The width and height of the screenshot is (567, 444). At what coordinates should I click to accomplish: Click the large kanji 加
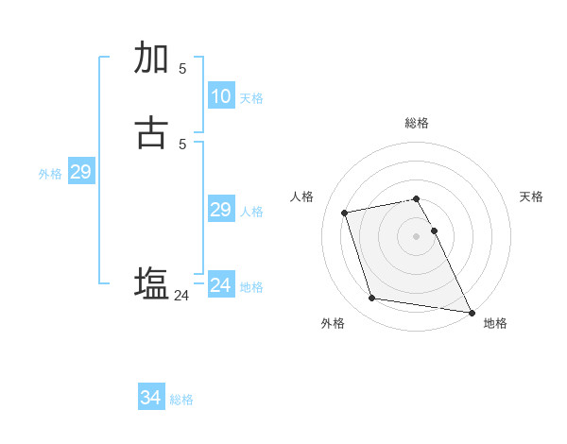[x=151, y=58]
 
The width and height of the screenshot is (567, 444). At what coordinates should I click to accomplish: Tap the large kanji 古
[x=151, y=133]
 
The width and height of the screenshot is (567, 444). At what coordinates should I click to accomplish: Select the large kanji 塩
[x=151, y=283]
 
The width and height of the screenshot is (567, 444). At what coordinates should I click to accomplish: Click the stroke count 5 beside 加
[x=182, y=68]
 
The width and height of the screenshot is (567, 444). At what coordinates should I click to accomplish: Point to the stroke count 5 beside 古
[x=182, y=144]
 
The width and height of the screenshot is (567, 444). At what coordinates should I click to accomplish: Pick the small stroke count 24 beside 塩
[x=181, y=296]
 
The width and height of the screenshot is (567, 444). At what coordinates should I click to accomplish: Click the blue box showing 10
[x=220, y=96]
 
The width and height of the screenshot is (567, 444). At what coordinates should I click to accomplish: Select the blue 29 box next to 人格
[x=220, y=210]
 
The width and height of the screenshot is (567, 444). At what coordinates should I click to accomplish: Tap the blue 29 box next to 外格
[x=80, y=172]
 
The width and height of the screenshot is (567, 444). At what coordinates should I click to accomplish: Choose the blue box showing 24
[x=220, y=285]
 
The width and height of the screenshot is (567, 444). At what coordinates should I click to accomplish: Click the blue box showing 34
[x=150, y=398]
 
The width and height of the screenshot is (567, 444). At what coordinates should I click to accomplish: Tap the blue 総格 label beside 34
[x=181, y=400]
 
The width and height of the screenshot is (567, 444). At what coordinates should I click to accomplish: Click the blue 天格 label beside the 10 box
[x=251, y=98]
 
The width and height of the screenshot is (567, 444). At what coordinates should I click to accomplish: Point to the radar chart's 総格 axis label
[x=417, y=123]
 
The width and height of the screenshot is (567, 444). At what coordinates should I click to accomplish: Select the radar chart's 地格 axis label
[x=495, y=323]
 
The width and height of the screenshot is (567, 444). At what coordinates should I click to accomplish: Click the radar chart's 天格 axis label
[x=532, y=196]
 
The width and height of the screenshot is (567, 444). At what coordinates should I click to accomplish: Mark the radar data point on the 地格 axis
[x=471, y=311]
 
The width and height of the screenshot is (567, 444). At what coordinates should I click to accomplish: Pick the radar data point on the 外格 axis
[x=372, y=299]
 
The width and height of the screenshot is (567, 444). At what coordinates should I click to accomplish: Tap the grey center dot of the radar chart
[x=417, y=236]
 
